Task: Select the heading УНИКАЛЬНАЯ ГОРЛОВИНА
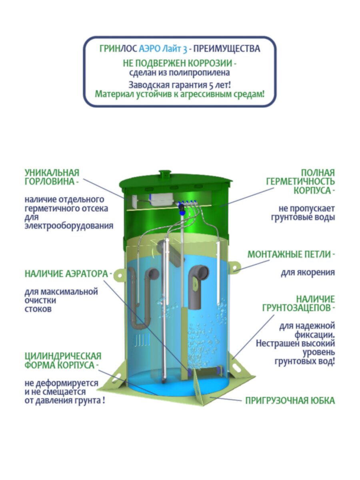(52, 177)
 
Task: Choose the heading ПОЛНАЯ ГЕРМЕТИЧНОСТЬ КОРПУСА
(301, 182)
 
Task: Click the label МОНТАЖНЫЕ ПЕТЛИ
(291, 254)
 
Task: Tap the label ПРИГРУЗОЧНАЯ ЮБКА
(290, 400)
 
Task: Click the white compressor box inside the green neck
(161, 199)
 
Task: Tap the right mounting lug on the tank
(235, 267)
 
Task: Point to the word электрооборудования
(69, 226)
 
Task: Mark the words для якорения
(308, 273)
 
